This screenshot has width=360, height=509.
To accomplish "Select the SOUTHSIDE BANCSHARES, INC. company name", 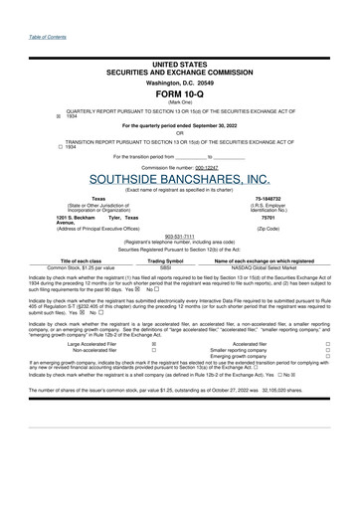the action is point(179,179).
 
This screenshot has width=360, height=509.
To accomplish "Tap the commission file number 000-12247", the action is point(207,166).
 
